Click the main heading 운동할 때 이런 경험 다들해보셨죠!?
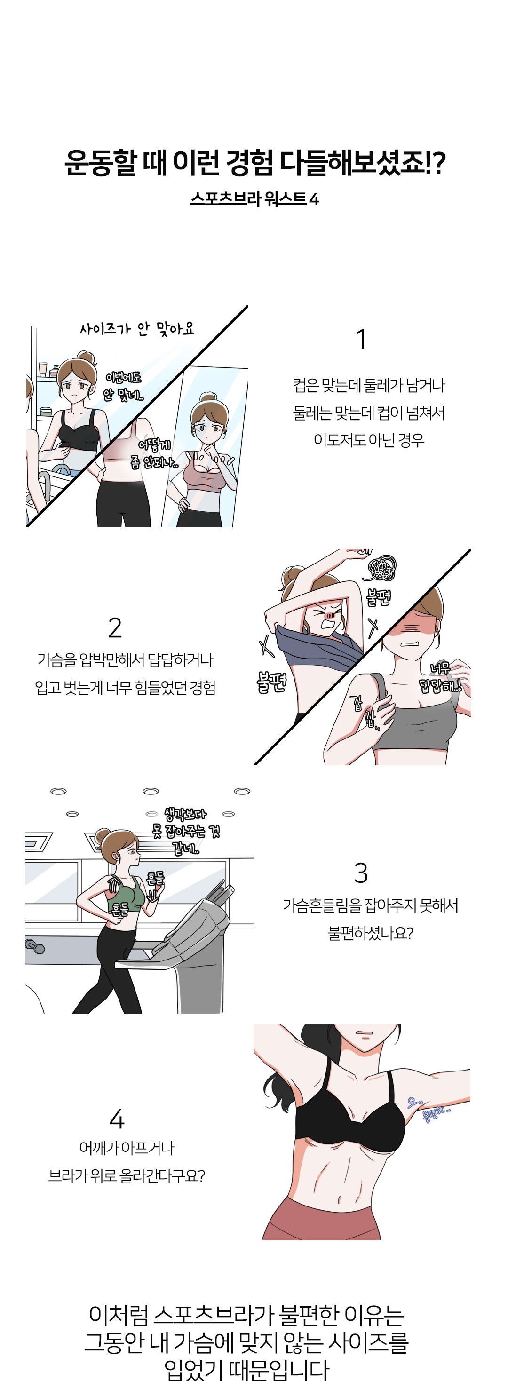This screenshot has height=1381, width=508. (254, 163)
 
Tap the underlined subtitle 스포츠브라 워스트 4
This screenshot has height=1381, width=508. (254, 199)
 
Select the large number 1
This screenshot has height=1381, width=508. (361, 339)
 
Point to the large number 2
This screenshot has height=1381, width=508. (115, 628)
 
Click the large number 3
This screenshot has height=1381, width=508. (361, 873)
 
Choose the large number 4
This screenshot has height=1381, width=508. (117, 1119)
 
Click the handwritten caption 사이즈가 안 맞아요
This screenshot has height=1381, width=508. (137, 329)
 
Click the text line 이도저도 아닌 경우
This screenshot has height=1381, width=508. (369, 440)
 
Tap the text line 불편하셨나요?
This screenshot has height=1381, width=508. (370, 933)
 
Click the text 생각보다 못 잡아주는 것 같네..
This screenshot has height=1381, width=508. (185, 831)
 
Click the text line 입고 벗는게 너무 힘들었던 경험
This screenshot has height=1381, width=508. (126, 687)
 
